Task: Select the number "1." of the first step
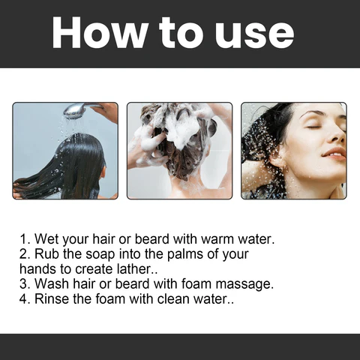[x=25, y=240]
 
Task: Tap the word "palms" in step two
[x=178, y=254]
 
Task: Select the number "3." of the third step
[x=25, y=283]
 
